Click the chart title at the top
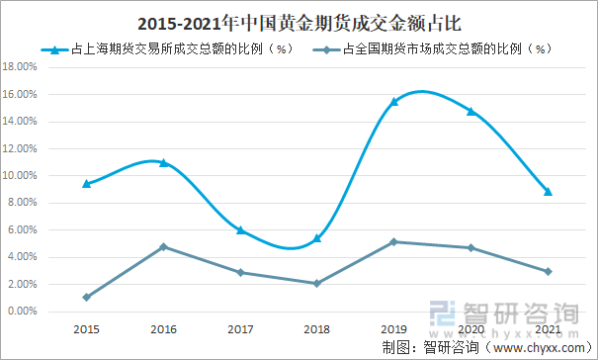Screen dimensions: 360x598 click(x=299, y=21)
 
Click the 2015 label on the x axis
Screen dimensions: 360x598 click(x=86, y=327)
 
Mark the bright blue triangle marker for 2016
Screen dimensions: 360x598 click(x=163, y=162)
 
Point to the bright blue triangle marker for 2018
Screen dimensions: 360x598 click(x=315, y=237)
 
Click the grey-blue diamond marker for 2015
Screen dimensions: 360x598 click(x=87, y=297)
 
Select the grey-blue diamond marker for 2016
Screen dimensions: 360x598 click(x=163, y=246)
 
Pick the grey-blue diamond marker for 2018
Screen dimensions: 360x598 click(x=315, y=283)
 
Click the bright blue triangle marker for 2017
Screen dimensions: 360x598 click(x=239, y=229)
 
